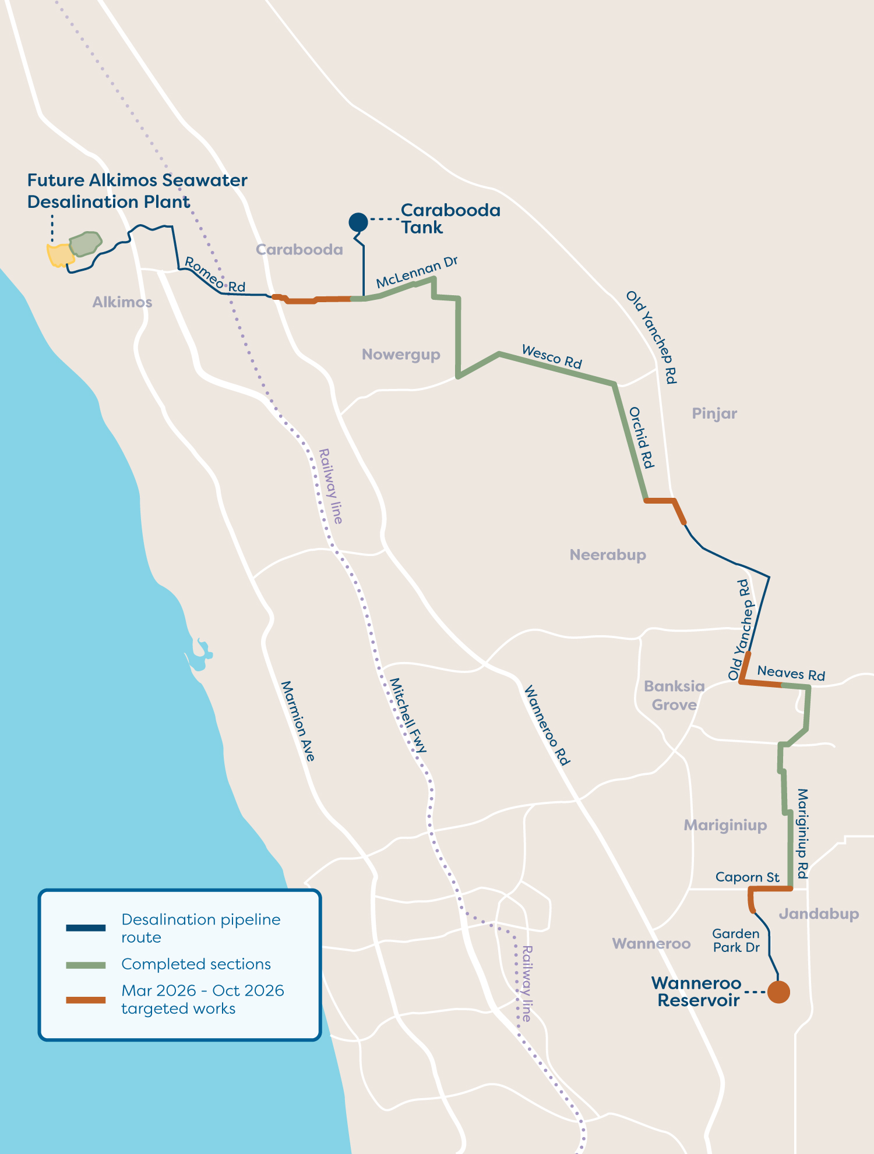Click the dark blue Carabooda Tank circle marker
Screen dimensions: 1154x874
[358, 222]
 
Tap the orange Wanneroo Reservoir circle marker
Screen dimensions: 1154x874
[778, 992]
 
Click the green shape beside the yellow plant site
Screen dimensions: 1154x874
[85, 244]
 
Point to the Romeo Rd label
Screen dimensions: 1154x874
[214, 275]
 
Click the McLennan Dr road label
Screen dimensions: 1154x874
[417, 272]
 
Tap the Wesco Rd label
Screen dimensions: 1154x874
[552, 356]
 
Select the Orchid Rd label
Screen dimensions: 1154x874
[642, 437]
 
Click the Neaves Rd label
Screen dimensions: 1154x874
[791, 673]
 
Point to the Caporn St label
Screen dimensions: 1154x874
[747, 877]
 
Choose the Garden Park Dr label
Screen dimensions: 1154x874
[736, 940]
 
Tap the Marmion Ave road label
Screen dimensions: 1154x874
[298, 721]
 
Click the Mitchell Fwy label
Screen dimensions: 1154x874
[408, 716]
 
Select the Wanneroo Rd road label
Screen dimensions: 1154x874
[547, 725]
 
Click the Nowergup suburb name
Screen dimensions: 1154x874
[401, 355]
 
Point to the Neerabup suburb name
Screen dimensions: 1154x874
[608, 555]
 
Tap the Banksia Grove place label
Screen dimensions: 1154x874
[674, 695]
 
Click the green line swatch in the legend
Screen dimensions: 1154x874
[86, 965]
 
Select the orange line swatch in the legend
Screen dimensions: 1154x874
[86, 1000]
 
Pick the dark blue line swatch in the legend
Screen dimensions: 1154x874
[86, 928]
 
